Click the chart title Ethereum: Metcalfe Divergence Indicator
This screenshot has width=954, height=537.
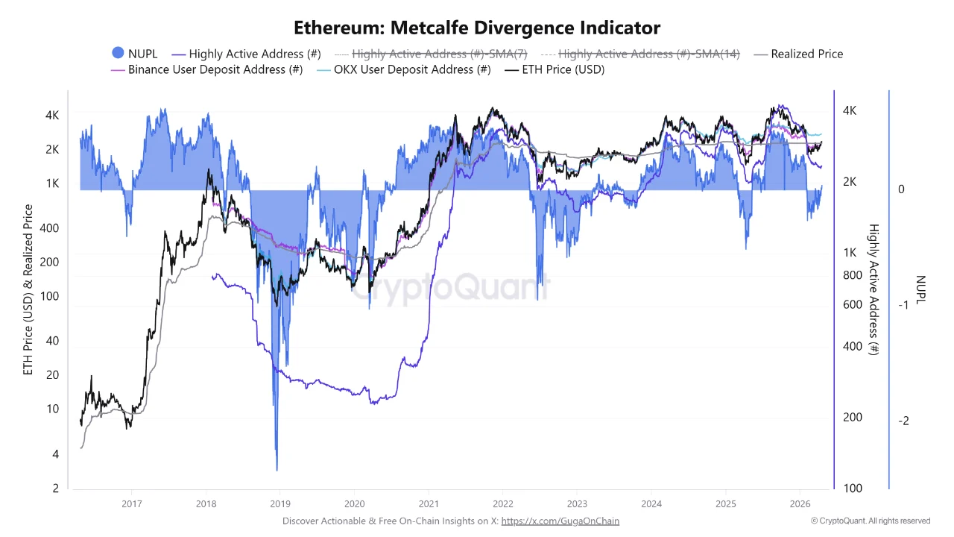click(x=477, y=28)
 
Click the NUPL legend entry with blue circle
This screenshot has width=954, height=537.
click(x=134, y=54)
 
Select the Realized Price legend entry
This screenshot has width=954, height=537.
click(x=798, y=54)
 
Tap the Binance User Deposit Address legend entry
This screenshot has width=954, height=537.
click(x=206, y=69)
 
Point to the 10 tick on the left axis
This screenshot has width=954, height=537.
click(x=53, y=409)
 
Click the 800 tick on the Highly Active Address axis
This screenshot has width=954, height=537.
click(x=852, y=275)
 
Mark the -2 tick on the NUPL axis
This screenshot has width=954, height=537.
click(x=903, y=421)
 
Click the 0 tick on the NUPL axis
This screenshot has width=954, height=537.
click(x=901, y=189)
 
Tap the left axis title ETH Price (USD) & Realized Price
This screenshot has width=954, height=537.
click(x=28, y=289)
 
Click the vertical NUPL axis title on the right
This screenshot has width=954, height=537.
click(x=920, y=290)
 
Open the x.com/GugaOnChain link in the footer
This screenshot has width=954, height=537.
click(x=560, y=521)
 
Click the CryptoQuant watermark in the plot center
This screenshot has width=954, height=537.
click(x=450, y=286)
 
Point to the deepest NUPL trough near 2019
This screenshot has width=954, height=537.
click(x=277, y=469)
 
